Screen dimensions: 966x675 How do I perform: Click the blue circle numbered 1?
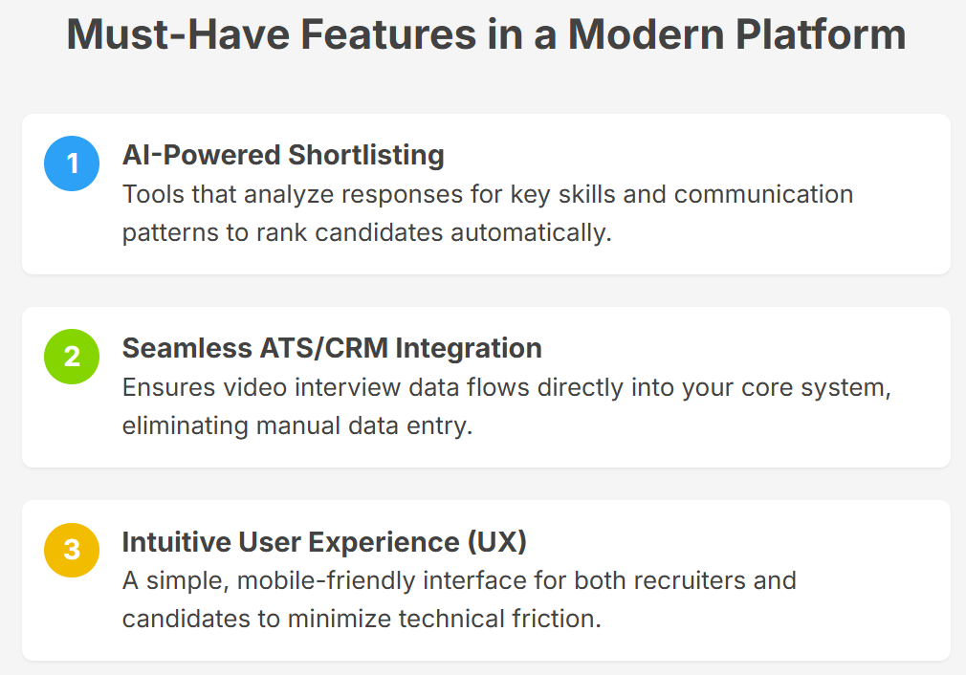point(72,163)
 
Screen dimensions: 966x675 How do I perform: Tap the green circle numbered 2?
point(72,357)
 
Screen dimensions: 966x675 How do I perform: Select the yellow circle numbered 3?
point(72,550)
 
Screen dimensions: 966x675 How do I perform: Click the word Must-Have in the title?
point(178,34)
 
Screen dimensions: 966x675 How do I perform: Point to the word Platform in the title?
point(821,34)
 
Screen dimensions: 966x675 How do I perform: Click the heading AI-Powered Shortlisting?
point(283,155)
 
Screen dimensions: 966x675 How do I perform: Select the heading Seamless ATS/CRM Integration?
point(332,349)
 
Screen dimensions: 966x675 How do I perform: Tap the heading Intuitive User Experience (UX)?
point(324,542)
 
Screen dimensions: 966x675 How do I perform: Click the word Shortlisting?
point(366,155)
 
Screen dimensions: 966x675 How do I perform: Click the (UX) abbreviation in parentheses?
point(497,542)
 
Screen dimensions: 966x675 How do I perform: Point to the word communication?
point(764,195)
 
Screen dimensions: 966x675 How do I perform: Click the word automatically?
point(531,233)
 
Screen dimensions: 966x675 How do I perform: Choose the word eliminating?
point(185,426)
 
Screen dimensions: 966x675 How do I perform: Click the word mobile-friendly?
point(326,581)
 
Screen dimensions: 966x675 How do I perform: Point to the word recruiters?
point(690,580)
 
